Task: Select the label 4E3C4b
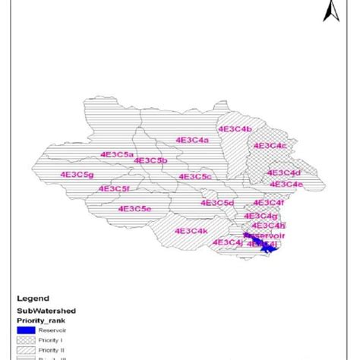pyautogui.click(x=235, y=130)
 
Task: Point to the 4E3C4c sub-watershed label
pyautogui.click(x=270, y=145)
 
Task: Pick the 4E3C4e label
pyautogui.click(x=286, y=185)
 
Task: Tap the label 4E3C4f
pyautogui.click(x=268, y=203)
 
